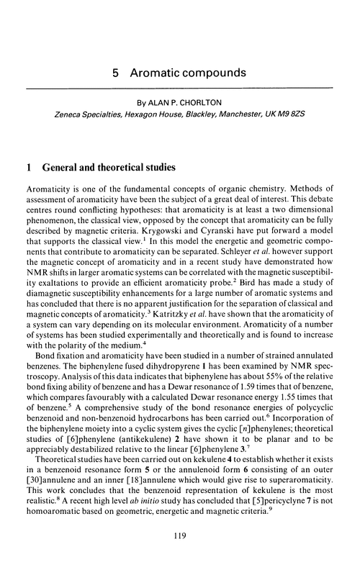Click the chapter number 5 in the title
(x=117, y=74)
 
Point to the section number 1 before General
(x=27, y=169)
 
